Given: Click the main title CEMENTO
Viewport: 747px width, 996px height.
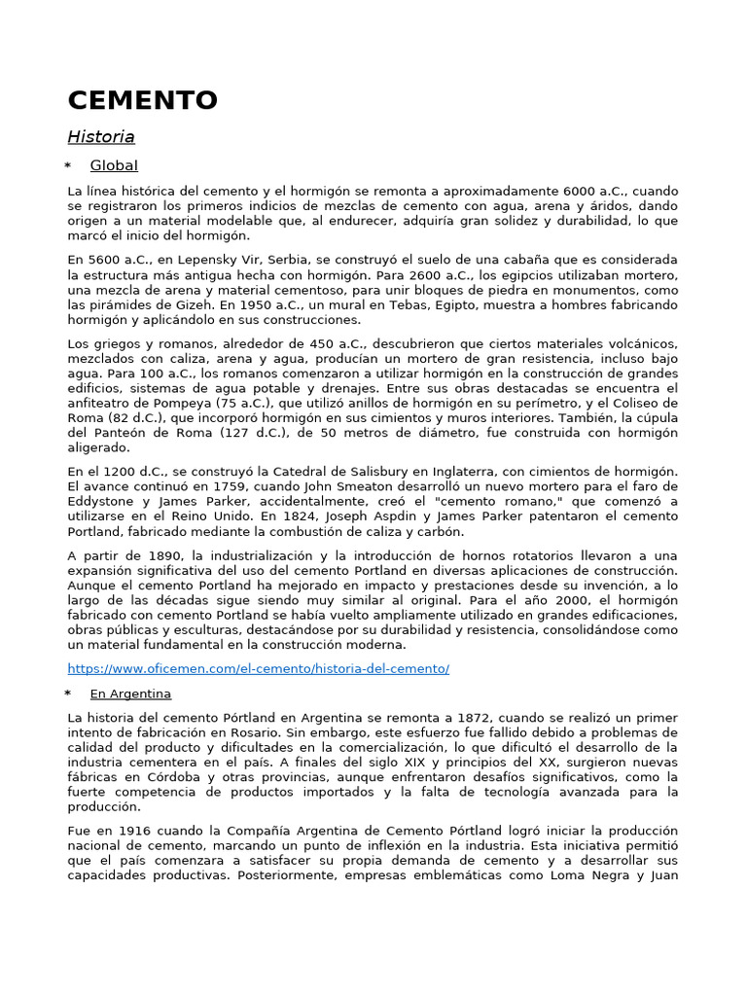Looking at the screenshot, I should tap(142, 100).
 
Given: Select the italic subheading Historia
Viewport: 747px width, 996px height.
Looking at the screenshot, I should tap(100, 137).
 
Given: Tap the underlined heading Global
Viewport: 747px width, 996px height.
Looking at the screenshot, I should tap(114, 165).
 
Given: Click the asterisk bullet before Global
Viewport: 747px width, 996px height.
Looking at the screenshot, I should tap(68, 166).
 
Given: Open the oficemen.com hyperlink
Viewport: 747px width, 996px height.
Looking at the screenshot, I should tap(258, 668).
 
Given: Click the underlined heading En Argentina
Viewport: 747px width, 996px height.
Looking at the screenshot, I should tap(130, 694).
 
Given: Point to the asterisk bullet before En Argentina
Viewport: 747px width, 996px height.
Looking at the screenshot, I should tap(68, 694).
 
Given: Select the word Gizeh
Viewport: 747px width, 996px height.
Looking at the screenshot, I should tap(187, 304).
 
